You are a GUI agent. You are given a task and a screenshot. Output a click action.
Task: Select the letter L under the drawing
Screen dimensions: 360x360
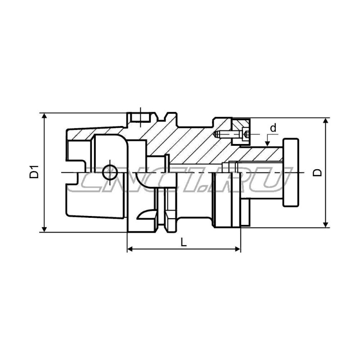click(x=183, y=242)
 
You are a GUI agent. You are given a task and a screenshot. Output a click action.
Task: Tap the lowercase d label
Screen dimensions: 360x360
click(x=273, y=128)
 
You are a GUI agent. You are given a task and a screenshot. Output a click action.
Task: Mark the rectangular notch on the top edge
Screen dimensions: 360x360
click(x=142, y=118)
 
